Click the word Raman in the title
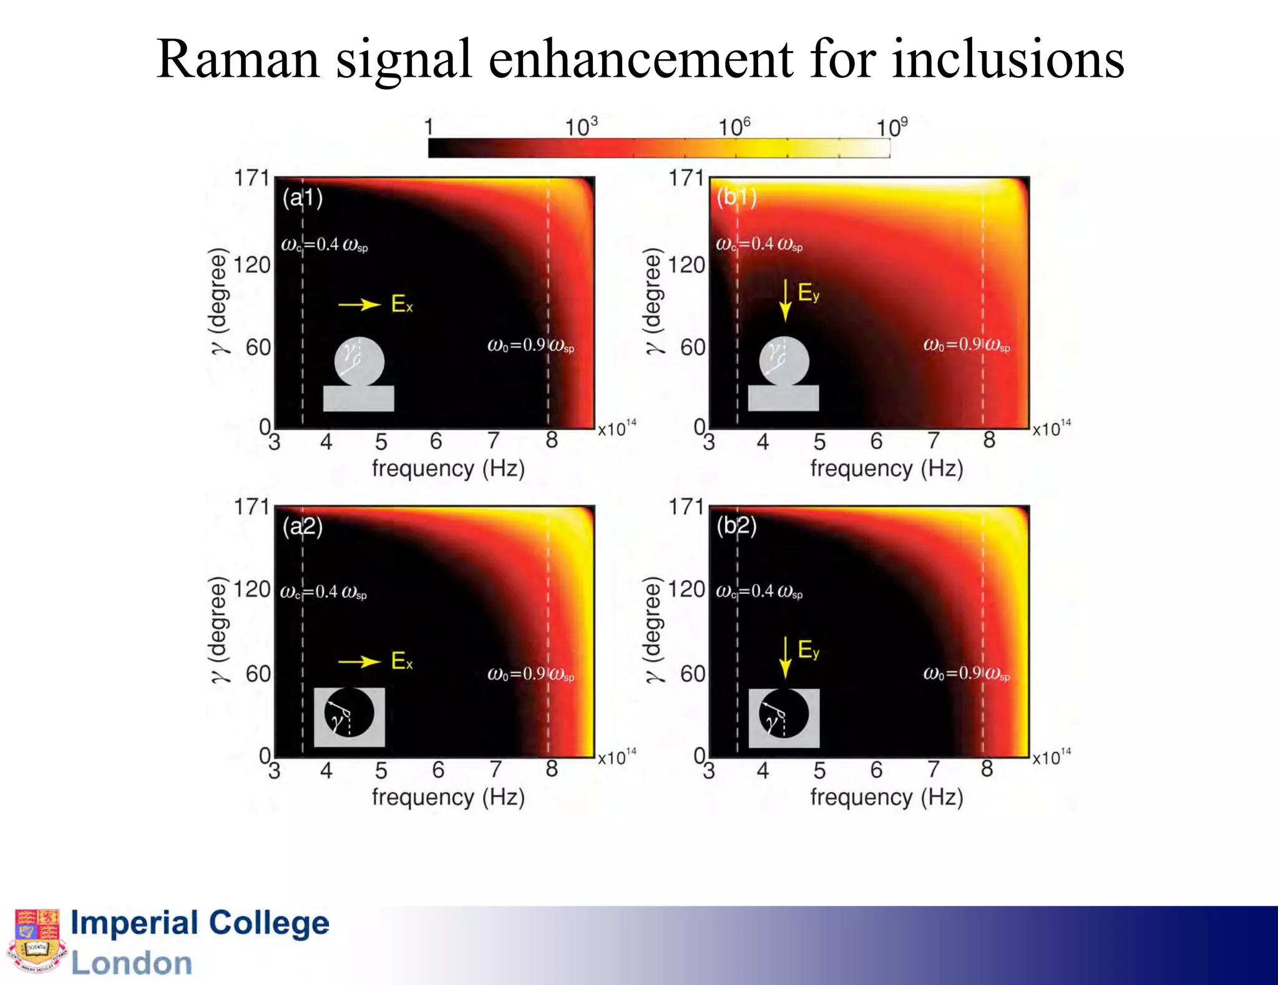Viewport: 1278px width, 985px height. (x=238, y=59)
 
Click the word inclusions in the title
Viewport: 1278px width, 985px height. (x=1008, y=59)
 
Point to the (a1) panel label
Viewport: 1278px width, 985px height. (x=303, y=198)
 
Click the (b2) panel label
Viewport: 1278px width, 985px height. (x=736, y=526)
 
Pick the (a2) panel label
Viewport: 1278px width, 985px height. (x=303, y=527)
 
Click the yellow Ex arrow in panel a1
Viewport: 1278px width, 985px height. (x=359, y=304)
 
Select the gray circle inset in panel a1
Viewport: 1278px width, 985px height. (x=359, y=361)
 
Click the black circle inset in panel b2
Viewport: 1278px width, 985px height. (x=784, y=714)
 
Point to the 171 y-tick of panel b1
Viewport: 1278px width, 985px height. (x=686, y=178)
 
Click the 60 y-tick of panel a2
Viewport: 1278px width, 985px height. (x=257, y=674)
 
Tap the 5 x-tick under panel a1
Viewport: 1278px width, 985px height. (x=381, y=442)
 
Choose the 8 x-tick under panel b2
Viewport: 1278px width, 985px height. (x=987, y=769)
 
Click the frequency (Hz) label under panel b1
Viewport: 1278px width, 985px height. (x=886, y=468)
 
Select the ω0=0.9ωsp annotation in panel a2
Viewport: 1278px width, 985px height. (x=530, y=674)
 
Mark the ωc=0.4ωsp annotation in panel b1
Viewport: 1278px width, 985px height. (x=759, y=244)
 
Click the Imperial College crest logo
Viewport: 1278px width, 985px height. (x=36, y=941)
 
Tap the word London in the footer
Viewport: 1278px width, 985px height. (x=131, y=963)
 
